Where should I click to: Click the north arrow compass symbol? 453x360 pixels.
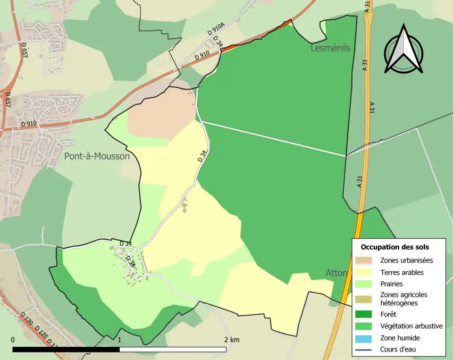pyautogui.click(x=403, y=50)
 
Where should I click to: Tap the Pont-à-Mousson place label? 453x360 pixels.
pyautogui.click(x=97, y=156)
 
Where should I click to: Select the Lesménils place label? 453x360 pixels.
pyautogui.click(x=330, y=48)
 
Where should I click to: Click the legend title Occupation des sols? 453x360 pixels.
pyautogui.click(x=394, y=247)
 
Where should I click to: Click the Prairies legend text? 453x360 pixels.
pyautogui.click(x=392, y=284)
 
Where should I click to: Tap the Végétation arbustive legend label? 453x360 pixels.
pyautogui.click(x=411, y=326)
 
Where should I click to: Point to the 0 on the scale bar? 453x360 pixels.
pyautogui.click(x=13, y=340)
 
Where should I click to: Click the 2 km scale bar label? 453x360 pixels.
pyautogui.click(x=232, y=340)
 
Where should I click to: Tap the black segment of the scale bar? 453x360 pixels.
pyautogui.click(x=66, y=350)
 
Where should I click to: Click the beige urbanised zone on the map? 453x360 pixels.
pyautogui.click(x=160, y=113)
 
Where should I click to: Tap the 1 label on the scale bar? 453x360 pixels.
pyautogui.click(x=120, y=340)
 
